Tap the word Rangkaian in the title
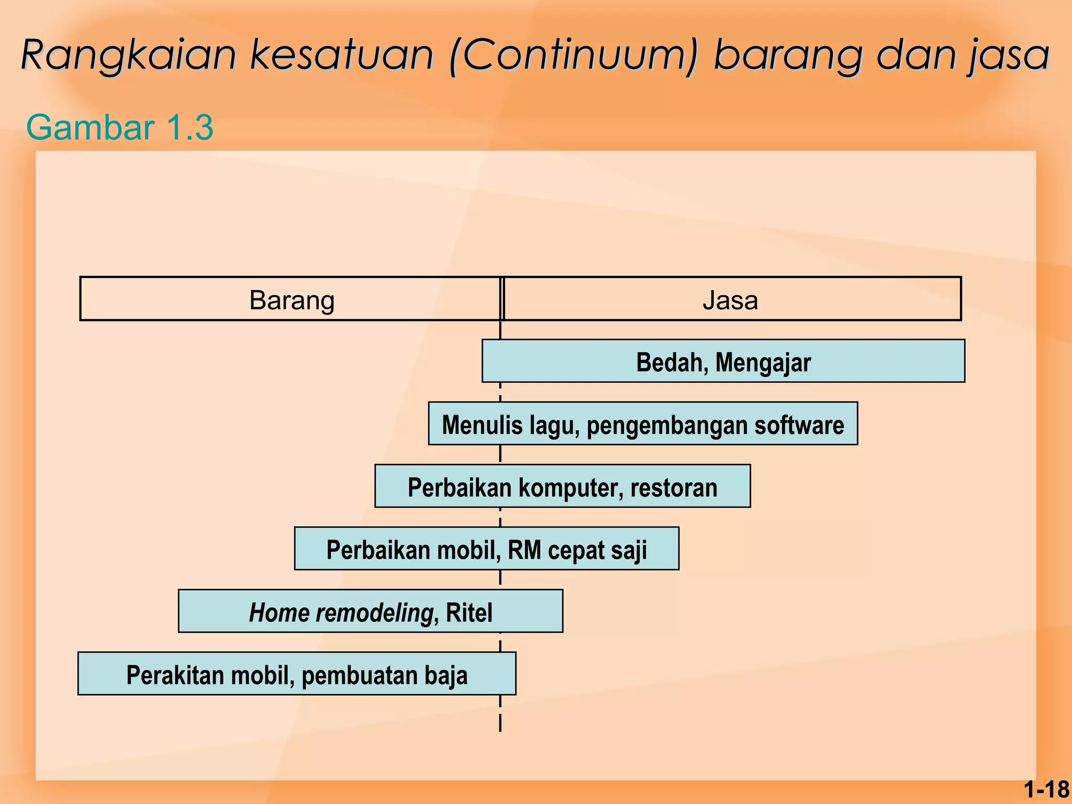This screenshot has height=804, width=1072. pyautogui.click(x=129, y=55)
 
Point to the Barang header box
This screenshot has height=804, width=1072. pyautogui.click(x=291, y=299)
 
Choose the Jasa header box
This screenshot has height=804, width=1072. pyautogui.click(x=731, y=299)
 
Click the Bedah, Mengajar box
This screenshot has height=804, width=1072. pyautogui.click(x=723, y=362)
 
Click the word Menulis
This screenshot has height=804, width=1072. pyautogui.click(x=482, y=425)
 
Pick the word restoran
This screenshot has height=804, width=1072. pyautogui.click(x=674, y=487)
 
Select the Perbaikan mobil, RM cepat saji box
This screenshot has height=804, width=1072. pyautogui.click(x=486, y=549)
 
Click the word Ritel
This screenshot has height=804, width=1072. pyautogui.click(x=469, y=612)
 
